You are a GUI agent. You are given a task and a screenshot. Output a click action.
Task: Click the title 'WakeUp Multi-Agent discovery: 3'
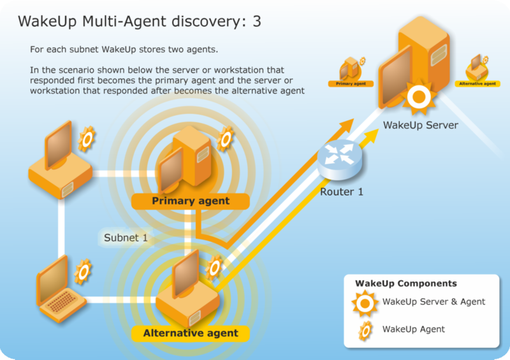(139, 21)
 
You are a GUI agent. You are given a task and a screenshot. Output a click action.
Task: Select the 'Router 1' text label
(342, 191)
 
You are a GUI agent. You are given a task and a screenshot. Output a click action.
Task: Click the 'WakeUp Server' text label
(420, 126)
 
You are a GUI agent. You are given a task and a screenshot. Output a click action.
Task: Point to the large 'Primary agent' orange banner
(191, 201)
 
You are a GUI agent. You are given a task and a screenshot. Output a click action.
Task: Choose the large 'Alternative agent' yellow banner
(191, 333)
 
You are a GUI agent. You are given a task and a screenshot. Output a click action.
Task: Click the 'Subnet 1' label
(126, 238)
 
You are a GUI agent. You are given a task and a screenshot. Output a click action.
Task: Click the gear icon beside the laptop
(83, 271)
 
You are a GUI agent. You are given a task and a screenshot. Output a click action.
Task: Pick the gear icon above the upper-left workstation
(86, 138)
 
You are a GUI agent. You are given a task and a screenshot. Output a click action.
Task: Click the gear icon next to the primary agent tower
(225, 139)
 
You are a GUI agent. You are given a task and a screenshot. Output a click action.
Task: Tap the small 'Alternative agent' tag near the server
(477, 83)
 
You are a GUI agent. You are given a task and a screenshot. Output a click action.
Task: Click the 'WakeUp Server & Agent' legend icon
(364, 303)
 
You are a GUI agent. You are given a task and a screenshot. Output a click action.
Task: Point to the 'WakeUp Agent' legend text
(413, 329)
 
